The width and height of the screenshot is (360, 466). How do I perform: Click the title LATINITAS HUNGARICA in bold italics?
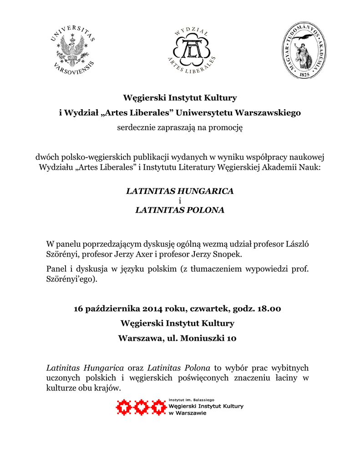(x=180, y=191)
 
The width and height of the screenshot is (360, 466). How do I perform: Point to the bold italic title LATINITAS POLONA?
(x=180, y=210)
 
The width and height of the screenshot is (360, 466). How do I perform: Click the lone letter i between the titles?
(x=180, y=201)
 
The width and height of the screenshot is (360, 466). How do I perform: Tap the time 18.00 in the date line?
(x=269, y=309)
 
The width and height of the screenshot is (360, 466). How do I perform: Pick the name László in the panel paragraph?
(x=297, y=244)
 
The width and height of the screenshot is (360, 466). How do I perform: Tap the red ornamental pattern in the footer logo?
(x=141, y=407)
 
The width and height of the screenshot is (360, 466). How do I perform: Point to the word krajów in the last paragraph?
(x=109, y=388)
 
